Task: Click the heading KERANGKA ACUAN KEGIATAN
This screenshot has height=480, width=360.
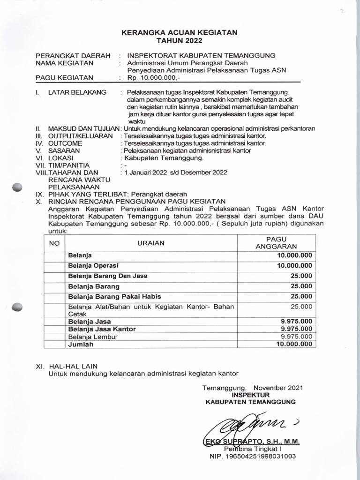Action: pos(180,32)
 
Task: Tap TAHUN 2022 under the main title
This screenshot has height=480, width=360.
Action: pos(180,41)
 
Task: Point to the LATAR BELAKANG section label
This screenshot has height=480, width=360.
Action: pos(77,92)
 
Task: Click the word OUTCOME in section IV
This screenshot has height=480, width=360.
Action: pos(65,143)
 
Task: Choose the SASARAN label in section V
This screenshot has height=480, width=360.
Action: pos(64,150)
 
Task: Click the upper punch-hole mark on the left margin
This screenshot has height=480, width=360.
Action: pos(17,187)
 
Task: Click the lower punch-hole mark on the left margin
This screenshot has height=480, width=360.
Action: pos(17,307)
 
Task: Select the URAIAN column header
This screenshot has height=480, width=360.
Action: pos(150,243)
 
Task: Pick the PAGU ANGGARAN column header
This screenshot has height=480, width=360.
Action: pos(279,243)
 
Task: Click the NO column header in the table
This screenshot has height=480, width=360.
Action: pos(54,243)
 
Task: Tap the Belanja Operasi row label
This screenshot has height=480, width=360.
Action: pos(93,265)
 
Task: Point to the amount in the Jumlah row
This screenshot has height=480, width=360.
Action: pos(294,344)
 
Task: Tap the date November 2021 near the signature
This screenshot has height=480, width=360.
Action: pos(278,388)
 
